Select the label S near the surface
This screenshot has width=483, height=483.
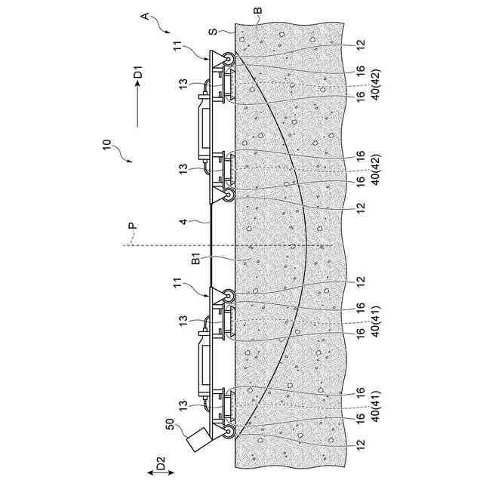pyautogui.click(x=214, y=33)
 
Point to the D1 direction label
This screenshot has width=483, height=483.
pyautogui.click(x=137, y=75)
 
